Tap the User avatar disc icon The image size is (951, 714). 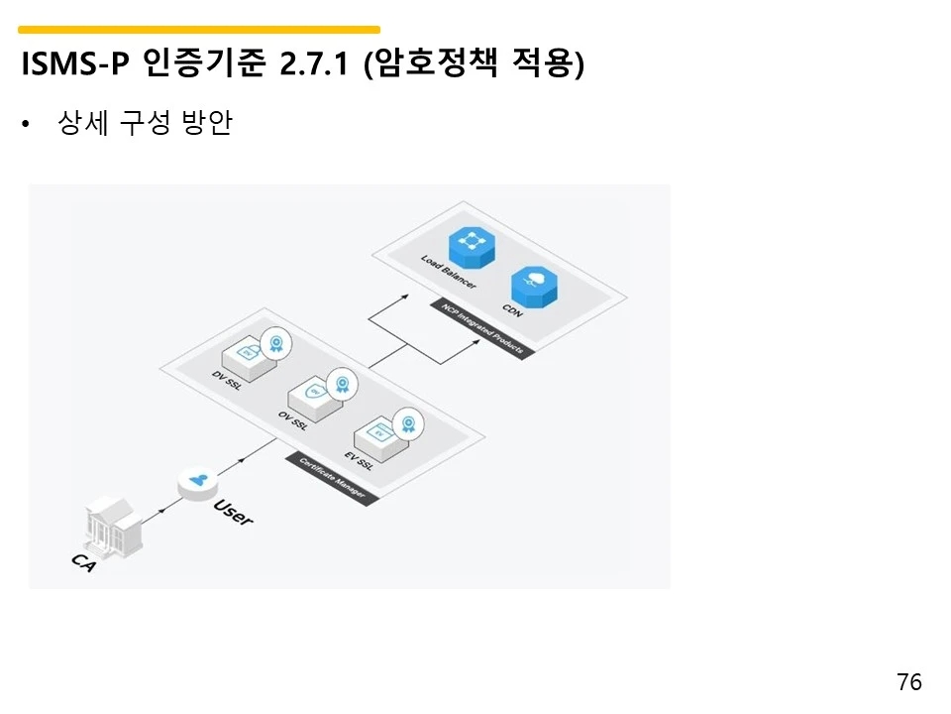point(198,483)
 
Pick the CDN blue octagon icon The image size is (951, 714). point(532,285)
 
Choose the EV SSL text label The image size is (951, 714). point(359,461)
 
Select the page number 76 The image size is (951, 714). point(908,682)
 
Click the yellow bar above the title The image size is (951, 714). point(199,30)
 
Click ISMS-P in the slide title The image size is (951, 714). point(75,65)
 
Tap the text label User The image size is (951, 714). point(233,512)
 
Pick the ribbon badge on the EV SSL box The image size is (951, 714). point(407,424)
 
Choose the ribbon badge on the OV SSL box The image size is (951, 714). point(342,384)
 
